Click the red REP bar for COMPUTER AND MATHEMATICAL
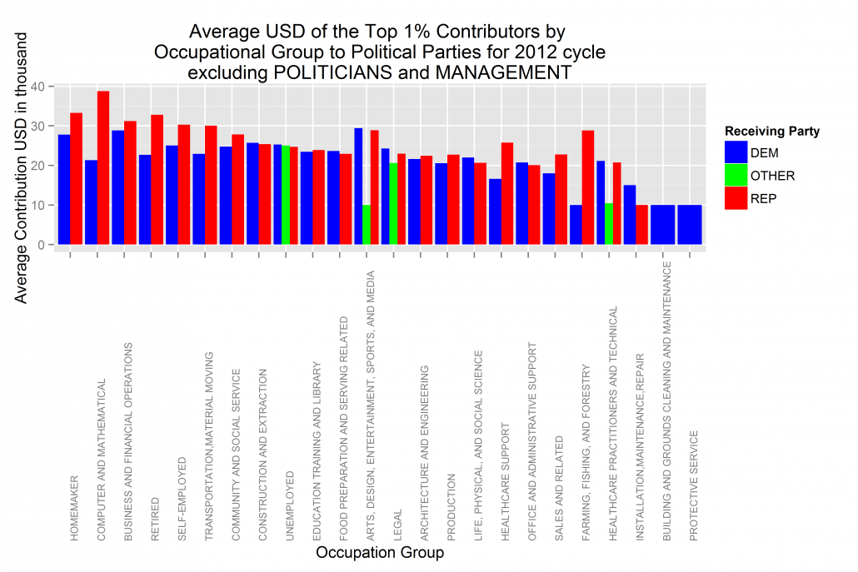click(x=103, y=167)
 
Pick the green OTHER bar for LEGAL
click(x=393, y=203)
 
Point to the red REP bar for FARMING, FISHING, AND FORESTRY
click(x=588, y=187)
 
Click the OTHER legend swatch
click(x=736, y=176)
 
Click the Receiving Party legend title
click(x=772, y=131)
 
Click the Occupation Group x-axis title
click(x=380, y=552)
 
